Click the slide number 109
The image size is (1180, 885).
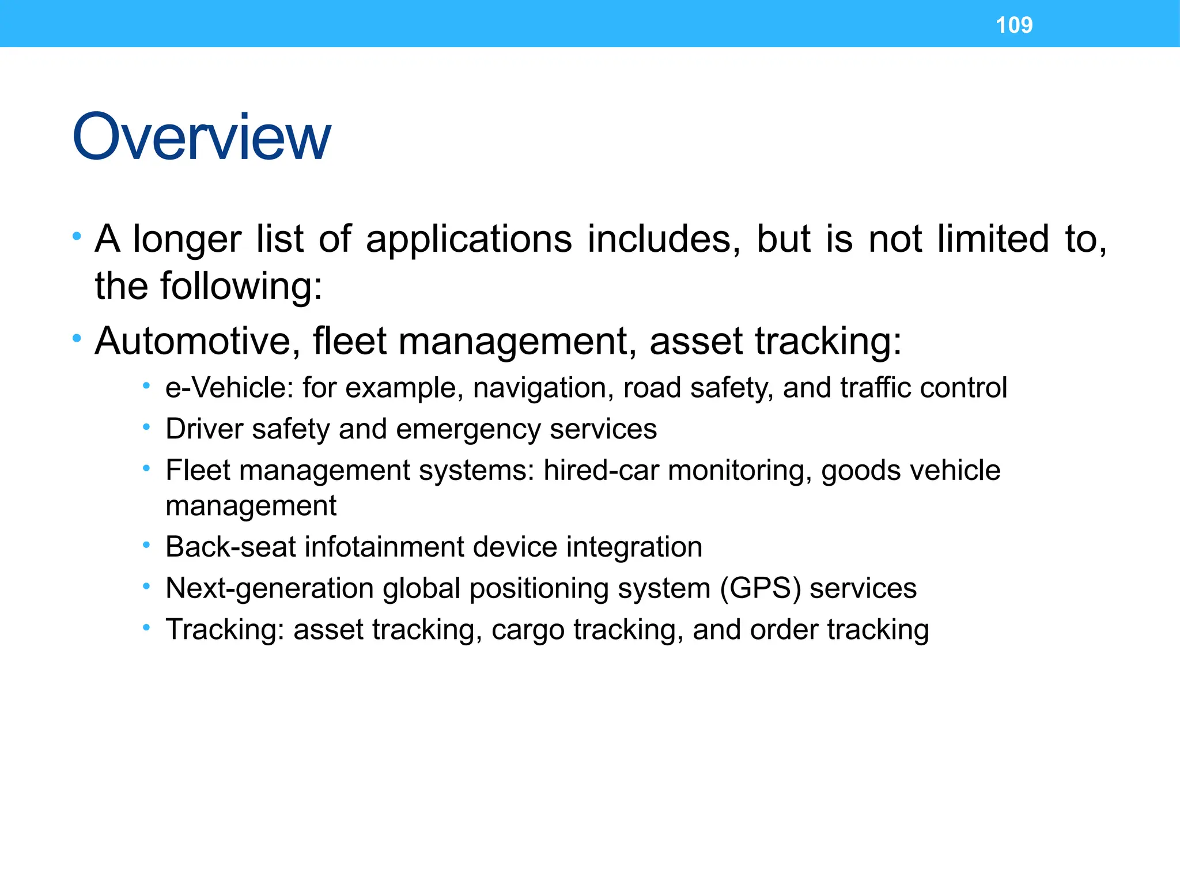coord(1014,25)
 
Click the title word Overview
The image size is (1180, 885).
coord(202,137)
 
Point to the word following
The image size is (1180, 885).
coord(241,286)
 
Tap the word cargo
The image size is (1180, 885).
coord(528,630)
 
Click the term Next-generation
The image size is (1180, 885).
coord(270,589)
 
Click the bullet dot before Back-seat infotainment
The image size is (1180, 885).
coord(147,544)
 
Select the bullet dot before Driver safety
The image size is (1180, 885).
coord(147,427)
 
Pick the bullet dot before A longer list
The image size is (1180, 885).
coord(77,236)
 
